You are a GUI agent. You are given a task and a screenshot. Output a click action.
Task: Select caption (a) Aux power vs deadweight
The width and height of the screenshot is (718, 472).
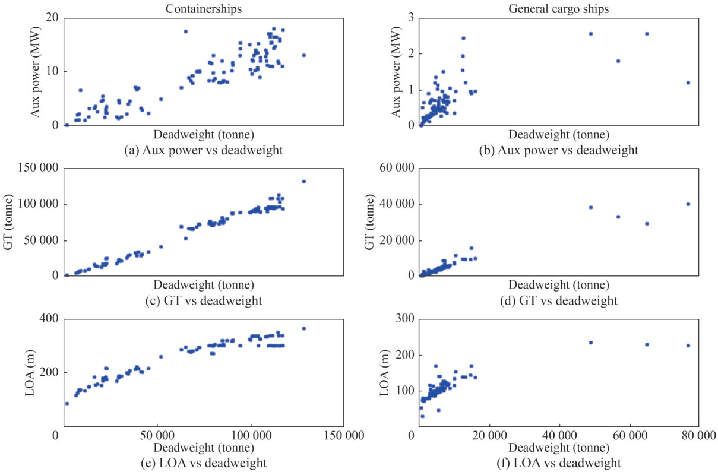pos(203,150)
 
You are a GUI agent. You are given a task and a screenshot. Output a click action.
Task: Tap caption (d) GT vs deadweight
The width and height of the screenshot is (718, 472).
pos(559,301)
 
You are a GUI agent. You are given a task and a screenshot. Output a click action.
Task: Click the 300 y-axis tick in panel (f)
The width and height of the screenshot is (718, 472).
pos(402,319)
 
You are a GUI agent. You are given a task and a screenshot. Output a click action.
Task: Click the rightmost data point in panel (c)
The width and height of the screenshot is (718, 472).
pos(304,181)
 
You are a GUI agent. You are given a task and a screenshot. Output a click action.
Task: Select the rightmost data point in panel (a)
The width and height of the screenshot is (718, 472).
pos(304,55)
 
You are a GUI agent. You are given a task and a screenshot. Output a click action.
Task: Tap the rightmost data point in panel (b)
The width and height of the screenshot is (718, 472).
pos(688,83)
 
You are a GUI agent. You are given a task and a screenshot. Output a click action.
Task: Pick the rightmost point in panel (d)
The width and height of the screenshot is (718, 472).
pos(688,204)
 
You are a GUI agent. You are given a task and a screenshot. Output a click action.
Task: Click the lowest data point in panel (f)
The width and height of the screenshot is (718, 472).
pos(422,416)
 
